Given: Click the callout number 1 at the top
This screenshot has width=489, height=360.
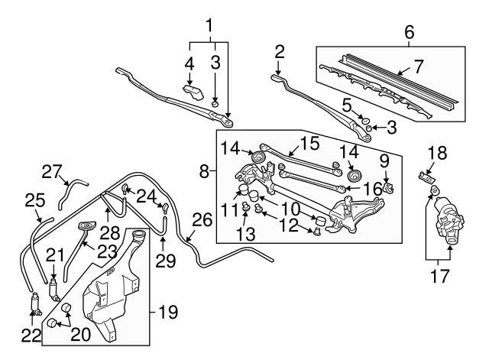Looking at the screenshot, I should click(x=208, y=27).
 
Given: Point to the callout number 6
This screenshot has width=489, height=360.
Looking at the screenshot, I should click(x=409, y=33).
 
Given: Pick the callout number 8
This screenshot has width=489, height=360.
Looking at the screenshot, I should click(x=204, y=174).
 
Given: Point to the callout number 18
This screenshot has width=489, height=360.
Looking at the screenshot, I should click(x=434, y=153).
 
